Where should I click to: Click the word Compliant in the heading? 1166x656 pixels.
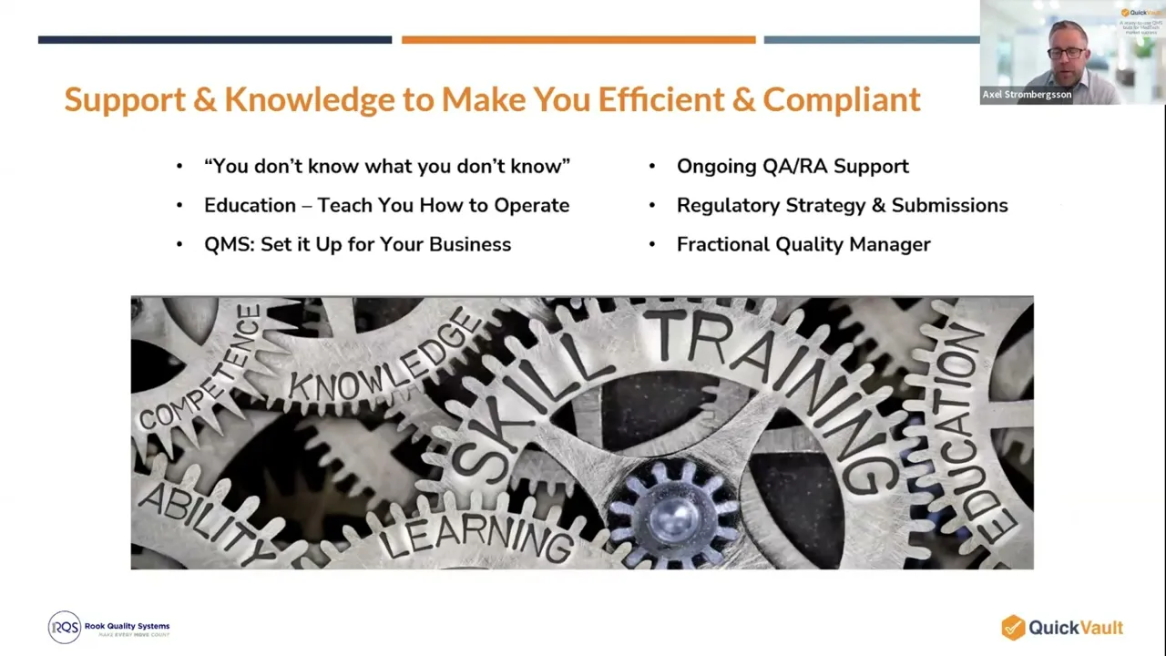pyautogui.click(x=841, y=99)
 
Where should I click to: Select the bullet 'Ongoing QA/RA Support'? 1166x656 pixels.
pyautogui.click(x=793, y=166)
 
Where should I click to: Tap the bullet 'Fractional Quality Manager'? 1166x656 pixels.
pyautogui.click(x=803, y=244)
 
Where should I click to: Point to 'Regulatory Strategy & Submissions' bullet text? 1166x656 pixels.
pyautogui.click(x=842, y=205)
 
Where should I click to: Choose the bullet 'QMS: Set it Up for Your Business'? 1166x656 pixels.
pyautogui.click(x=357, y=244)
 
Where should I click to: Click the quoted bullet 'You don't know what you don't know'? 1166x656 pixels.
pyautogui.click(x=387, y=166)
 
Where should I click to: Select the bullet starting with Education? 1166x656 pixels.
pyautogui.click(x=386, y=205)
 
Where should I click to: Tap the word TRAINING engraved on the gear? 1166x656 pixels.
pyautogui.click(x=774, y=383)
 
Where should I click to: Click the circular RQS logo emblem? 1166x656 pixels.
pyautogui.click(x=65, y=627)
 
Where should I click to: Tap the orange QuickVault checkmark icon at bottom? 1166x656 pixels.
pyautogui.click(x=1013, y=627)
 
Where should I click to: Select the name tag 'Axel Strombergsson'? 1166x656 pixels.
pyautogui.click(x=1027, y=95)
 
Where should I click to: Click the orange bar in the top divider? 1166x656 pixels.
pyautogui.click(x=578, y=40)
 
